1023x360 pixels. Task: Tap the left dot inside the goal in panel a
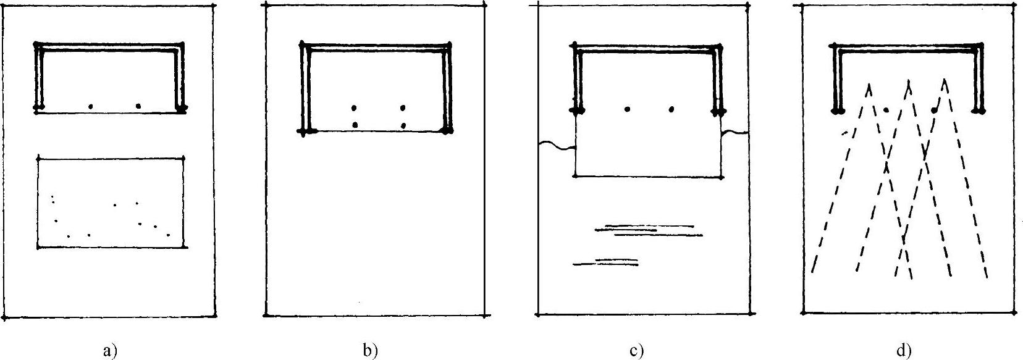(91, 106)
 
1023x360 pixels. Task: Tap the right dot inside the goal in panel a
(138, 106)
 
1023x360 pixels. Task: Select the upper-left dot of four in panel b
(354, 107)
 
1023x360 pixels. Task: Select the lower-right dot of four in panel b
(403, 125)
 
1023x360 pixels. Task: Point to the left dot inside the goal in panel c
(627, 109)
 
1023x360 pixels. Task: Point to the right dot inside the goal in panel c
(671, 109)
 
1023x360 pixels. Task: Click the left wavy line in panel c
(557, 146)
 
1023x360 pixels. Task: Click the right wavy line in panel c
(735, 132)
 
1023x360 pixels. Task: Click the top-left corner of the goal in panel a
(37, 44)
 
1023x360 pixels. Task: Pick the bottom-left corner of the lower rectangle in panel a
(38, 248)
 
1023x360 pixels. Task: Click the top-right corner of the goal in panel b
(449, 45)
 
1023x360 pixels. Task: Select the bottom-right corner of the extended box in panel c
(722, 177)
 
